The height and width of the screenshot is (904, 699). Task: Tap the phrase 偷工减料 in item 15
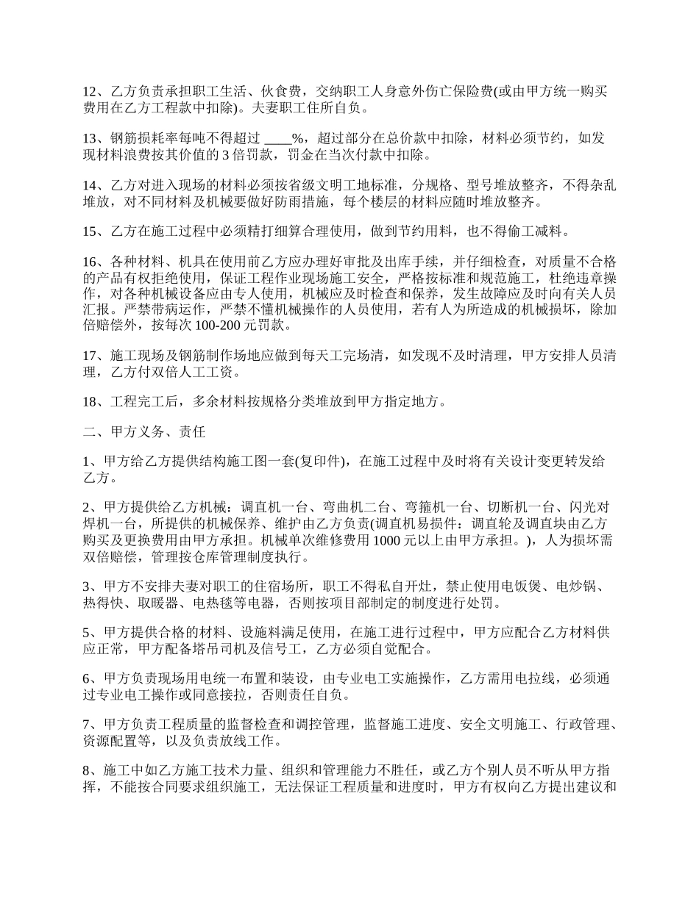tap(542, 232)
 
